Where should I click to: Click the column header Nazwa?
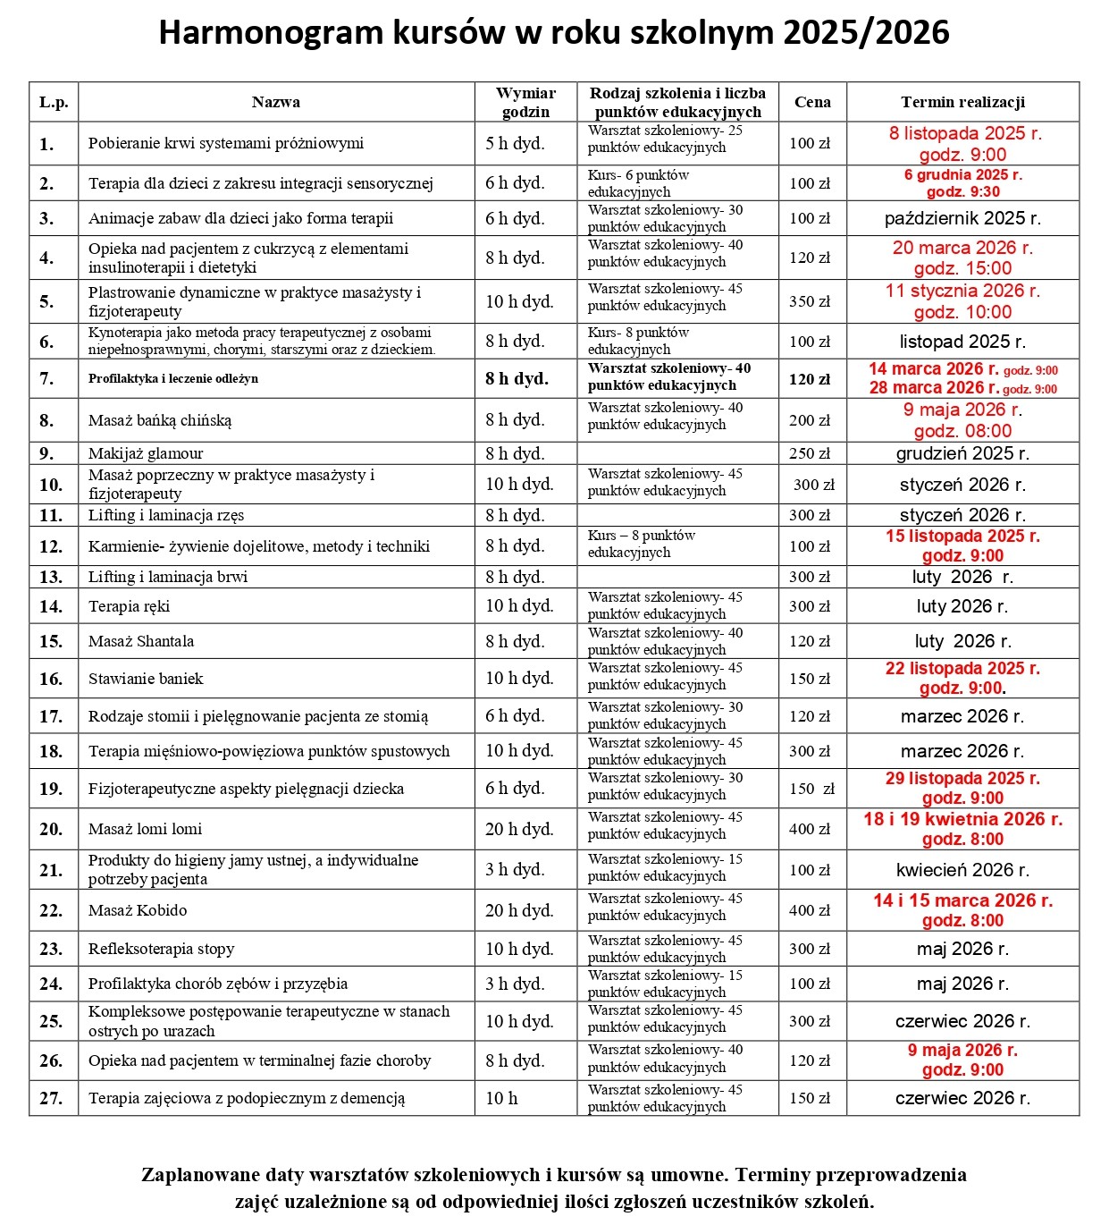point(275,102)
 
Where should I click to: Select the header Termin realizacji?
point(962,102)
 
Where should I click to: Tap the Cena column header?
point(812,102)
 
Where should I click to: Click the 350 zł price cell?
point(810,301)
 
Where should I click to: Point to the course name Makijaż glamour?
point(146,453)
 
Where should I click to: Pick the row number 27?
point(51,1098)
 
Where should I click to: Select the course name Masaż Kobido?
point(138,910)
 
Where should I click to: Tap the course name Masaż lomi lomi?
point(145,829)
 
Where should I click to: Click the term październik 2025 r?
point(962,218)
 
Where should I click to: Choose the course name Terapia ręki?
point(129,606)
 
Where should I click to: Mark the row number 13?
point(51,577)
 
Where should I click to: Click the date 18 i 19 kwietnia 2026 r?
point(962,819)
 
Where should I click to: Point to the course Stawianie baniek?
point(146,679)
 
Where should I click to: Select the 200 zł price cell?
point(810,420)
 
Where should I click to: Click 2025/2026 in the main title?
point(866,33)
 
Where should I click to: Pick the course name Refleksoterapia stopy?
point(161,949)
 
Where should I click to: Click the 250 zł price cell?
point(810,453)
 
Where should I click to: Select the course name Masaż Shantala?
point(141,641)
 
